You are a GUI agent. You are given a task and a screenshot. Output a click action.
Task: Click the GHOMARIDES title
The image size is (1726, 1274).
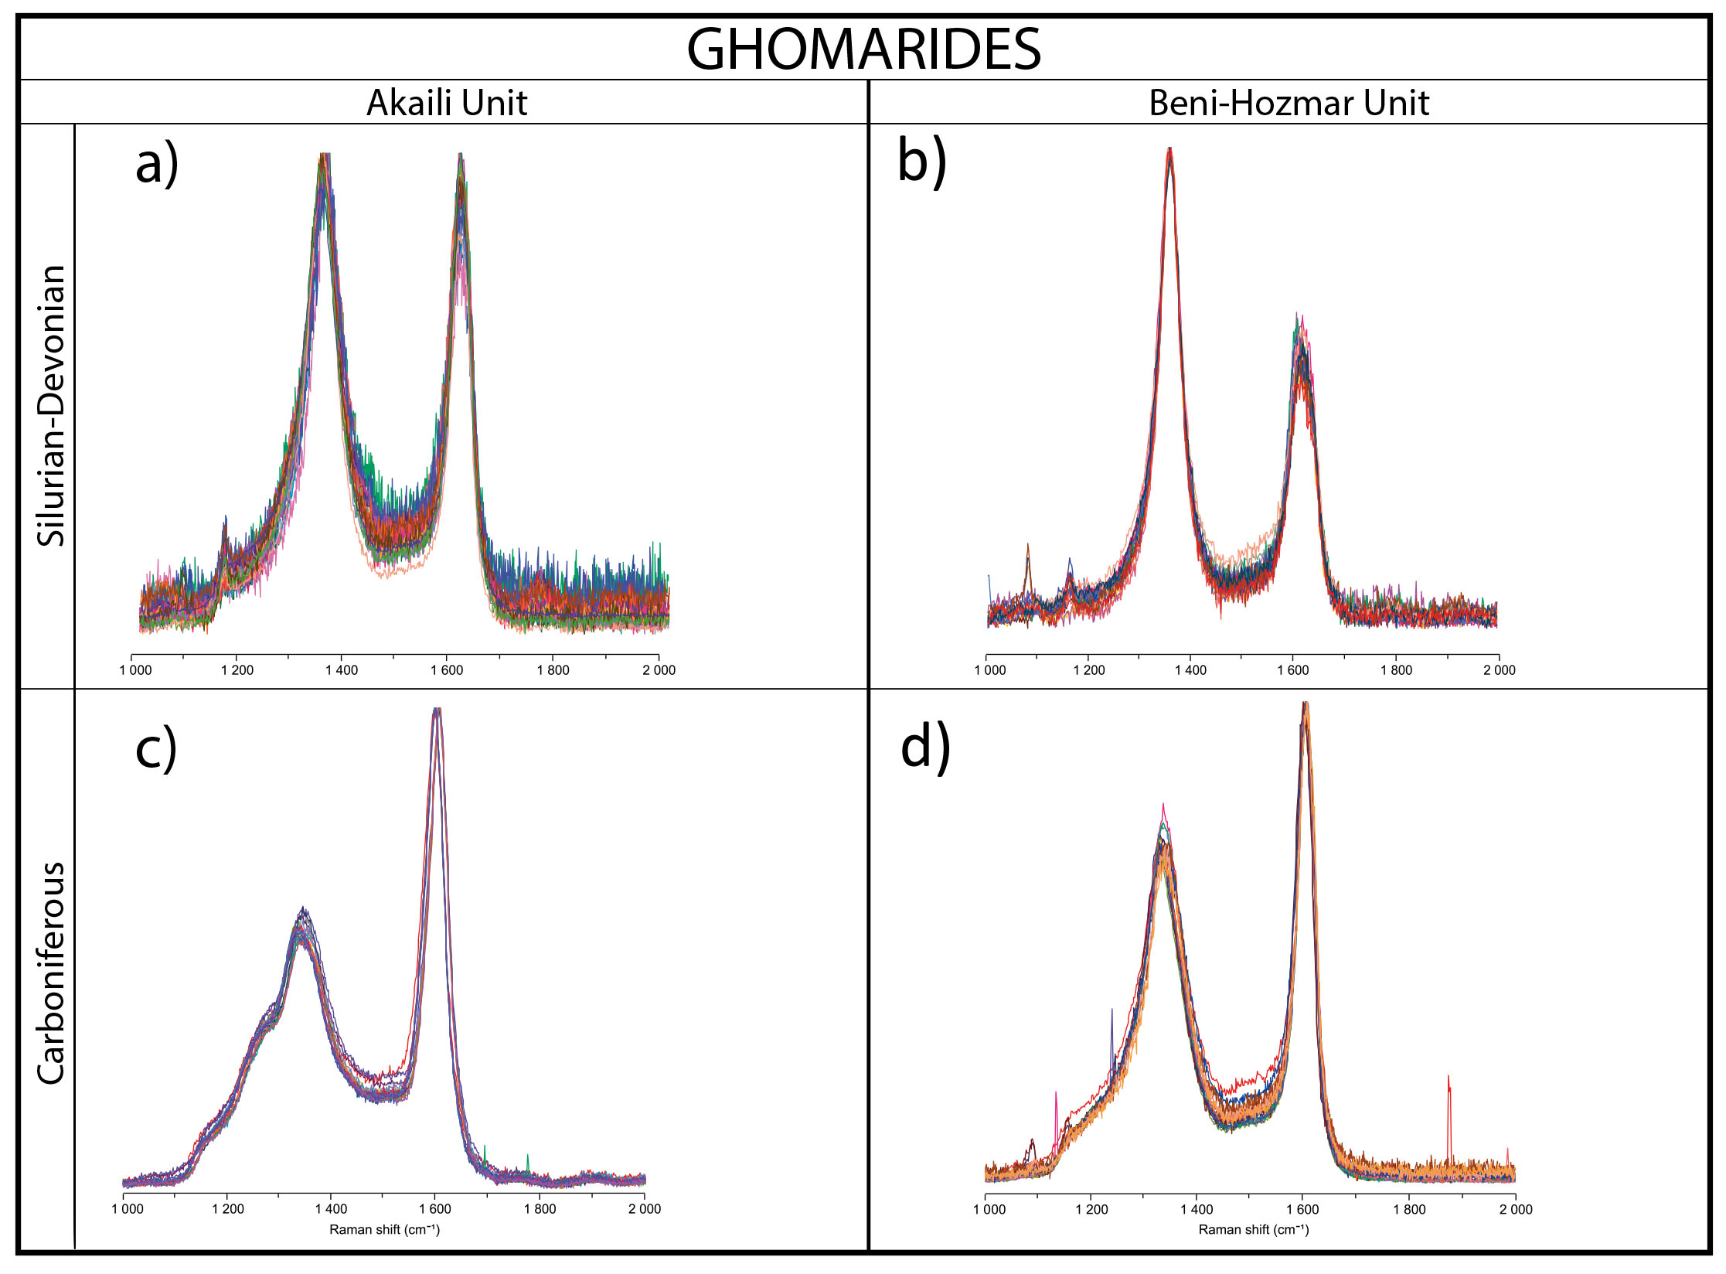[x=863, y=49]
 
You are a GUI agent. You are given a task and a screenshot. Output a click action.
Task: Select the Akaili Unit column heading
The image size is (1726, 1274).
[x=446, y=103]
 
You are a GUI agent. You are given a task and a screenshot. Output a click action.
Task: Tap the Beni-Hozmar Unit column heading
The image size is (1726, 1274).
[x=1289, y=103]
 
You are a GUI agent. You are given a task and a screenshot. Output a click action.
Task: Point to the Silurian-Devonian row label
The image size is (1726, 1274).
[x=52, y=406]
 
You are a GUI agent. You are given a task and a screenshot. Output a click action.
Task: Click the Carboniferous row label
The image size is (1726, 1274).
[x=52, y=974]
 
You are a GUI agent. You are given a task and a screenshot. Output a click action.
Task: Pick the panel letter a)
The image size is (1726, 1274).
[x=157, y=165]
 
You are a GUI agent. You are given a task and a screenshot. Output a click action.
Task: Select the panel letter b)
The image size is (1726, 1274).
[x=921, y=163]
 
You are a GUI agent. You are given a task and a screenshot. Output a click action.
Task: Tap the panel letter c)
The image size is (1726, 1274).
[x=156, y=749]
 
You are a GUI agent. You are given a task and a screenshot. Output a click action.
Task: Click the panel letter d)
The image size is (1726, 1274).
[x=925, y=749]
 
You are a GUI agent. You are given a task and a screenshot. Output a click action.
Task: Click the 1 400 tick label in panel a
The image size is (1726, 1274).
[x=342, y=670]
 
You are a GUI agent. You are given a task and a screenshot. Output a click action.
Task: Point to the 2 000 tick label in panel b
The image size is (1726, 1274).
[x=1499, y=670]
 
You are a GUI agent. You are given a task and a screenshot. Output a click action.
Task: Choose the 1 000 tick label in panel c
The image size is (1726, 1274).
[x=128, y=1209]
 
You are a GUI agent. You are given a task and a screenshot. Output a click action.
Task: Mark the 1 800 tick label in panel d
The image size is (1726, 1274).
[x=1409, y=1209]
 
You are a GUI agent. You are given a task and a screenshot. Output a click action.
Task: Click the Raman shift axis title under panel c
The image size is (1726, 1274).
[x=384, y=1230]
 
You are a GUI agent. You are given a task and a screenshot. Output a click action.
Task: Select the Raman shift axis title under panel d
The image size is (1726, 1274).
[x=1253, y=1230]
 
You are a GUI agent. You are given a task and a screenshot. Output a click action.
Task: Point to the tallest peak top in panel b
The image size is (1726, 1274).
[x=1170, y=151]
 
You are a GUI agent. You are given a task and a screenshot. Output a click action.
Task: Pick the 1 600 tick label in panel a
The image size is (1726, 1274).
[x=447, y=670]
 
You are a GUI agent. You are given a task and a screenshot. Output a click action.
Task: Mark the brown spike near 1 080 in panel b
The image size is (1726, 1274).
[x=1028, y=547]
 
